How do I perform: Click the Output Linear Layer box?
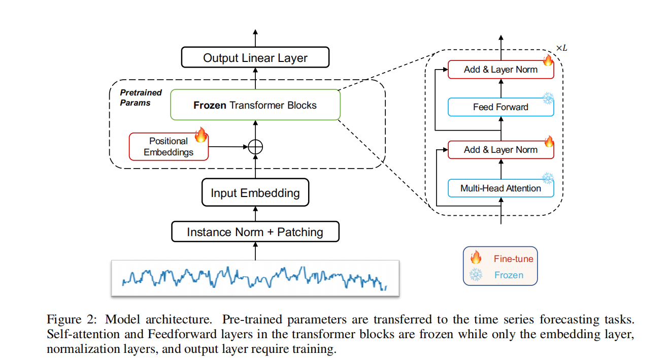255,58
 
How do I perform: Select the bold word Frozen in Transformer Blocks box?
210,106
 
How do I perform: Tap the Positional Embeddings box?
169,147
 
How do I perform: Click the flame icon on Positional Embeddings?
201,135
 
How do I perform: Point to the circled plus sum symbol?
255,147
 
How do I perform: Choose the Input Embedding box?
255,193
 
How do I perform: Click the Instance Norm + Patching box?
255,232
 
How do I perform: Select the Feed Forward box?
500,107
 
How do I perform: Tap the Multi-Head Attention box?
500,188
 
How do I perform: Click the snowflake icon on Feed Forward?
548,99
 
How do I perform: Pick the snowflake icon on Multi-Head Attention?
548,178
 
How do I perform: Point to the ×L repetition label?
561,48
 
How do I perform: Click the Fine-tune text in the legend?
513,259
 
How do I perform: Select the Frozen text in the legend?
509,275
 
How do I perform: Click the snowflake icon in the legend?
476,275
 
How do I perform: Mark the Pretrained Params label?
141,97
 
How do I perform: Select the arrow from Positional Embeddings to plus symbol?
228,147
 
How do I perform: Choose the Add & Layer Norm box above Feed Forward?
500,70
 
